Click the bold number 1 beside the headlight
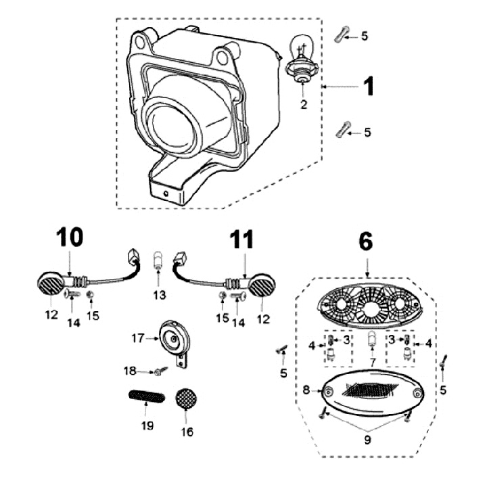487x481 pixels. pyautogui.click(x=369, y=87)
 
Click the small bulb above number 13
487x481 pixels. pyautogui.click(x=158, y=259)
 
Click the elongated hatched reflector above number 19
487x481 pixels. pyautogui.click(x=145, y=396)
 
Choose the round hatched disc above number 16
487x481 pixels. pyautogui.click(x=185, y=398)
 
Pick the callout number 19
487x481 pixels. pyautogui.click(x=147, y=426)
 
